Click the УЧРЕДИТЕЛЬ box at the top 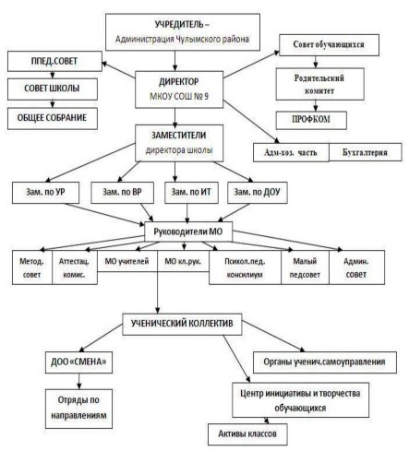click(183, 32)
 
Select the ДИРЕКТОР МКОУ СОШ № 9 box click(179, 89)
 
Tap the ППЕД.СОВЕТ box click(54, 61)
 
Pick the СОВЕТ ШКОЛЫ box click(53, 89)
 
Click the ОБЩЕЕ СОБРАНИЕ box click(53, 118)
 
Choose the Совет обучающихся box click(329, 45)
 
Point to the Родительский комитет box click(320, 84)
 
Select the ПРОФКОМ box click(311, 120)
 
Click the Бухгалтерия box click(366, 152)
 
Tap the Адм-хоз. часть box click(291, 152)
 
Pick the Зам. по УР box click(45, 193)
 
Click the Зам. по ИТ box click(191, 193)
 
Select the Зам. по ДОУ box click(258, 193)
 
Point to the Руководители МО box click(188, 231)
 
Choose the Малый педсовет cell click(305, 267)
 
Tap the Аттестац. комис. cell click(75, 267)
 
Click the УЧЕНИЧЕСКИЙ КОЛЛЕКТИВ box click(182, 324)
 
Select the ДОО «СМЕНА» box click(78, 362)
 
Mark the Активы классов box click(247, 434)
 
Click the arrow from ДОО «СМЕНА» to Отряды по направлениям click(79, 381)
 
